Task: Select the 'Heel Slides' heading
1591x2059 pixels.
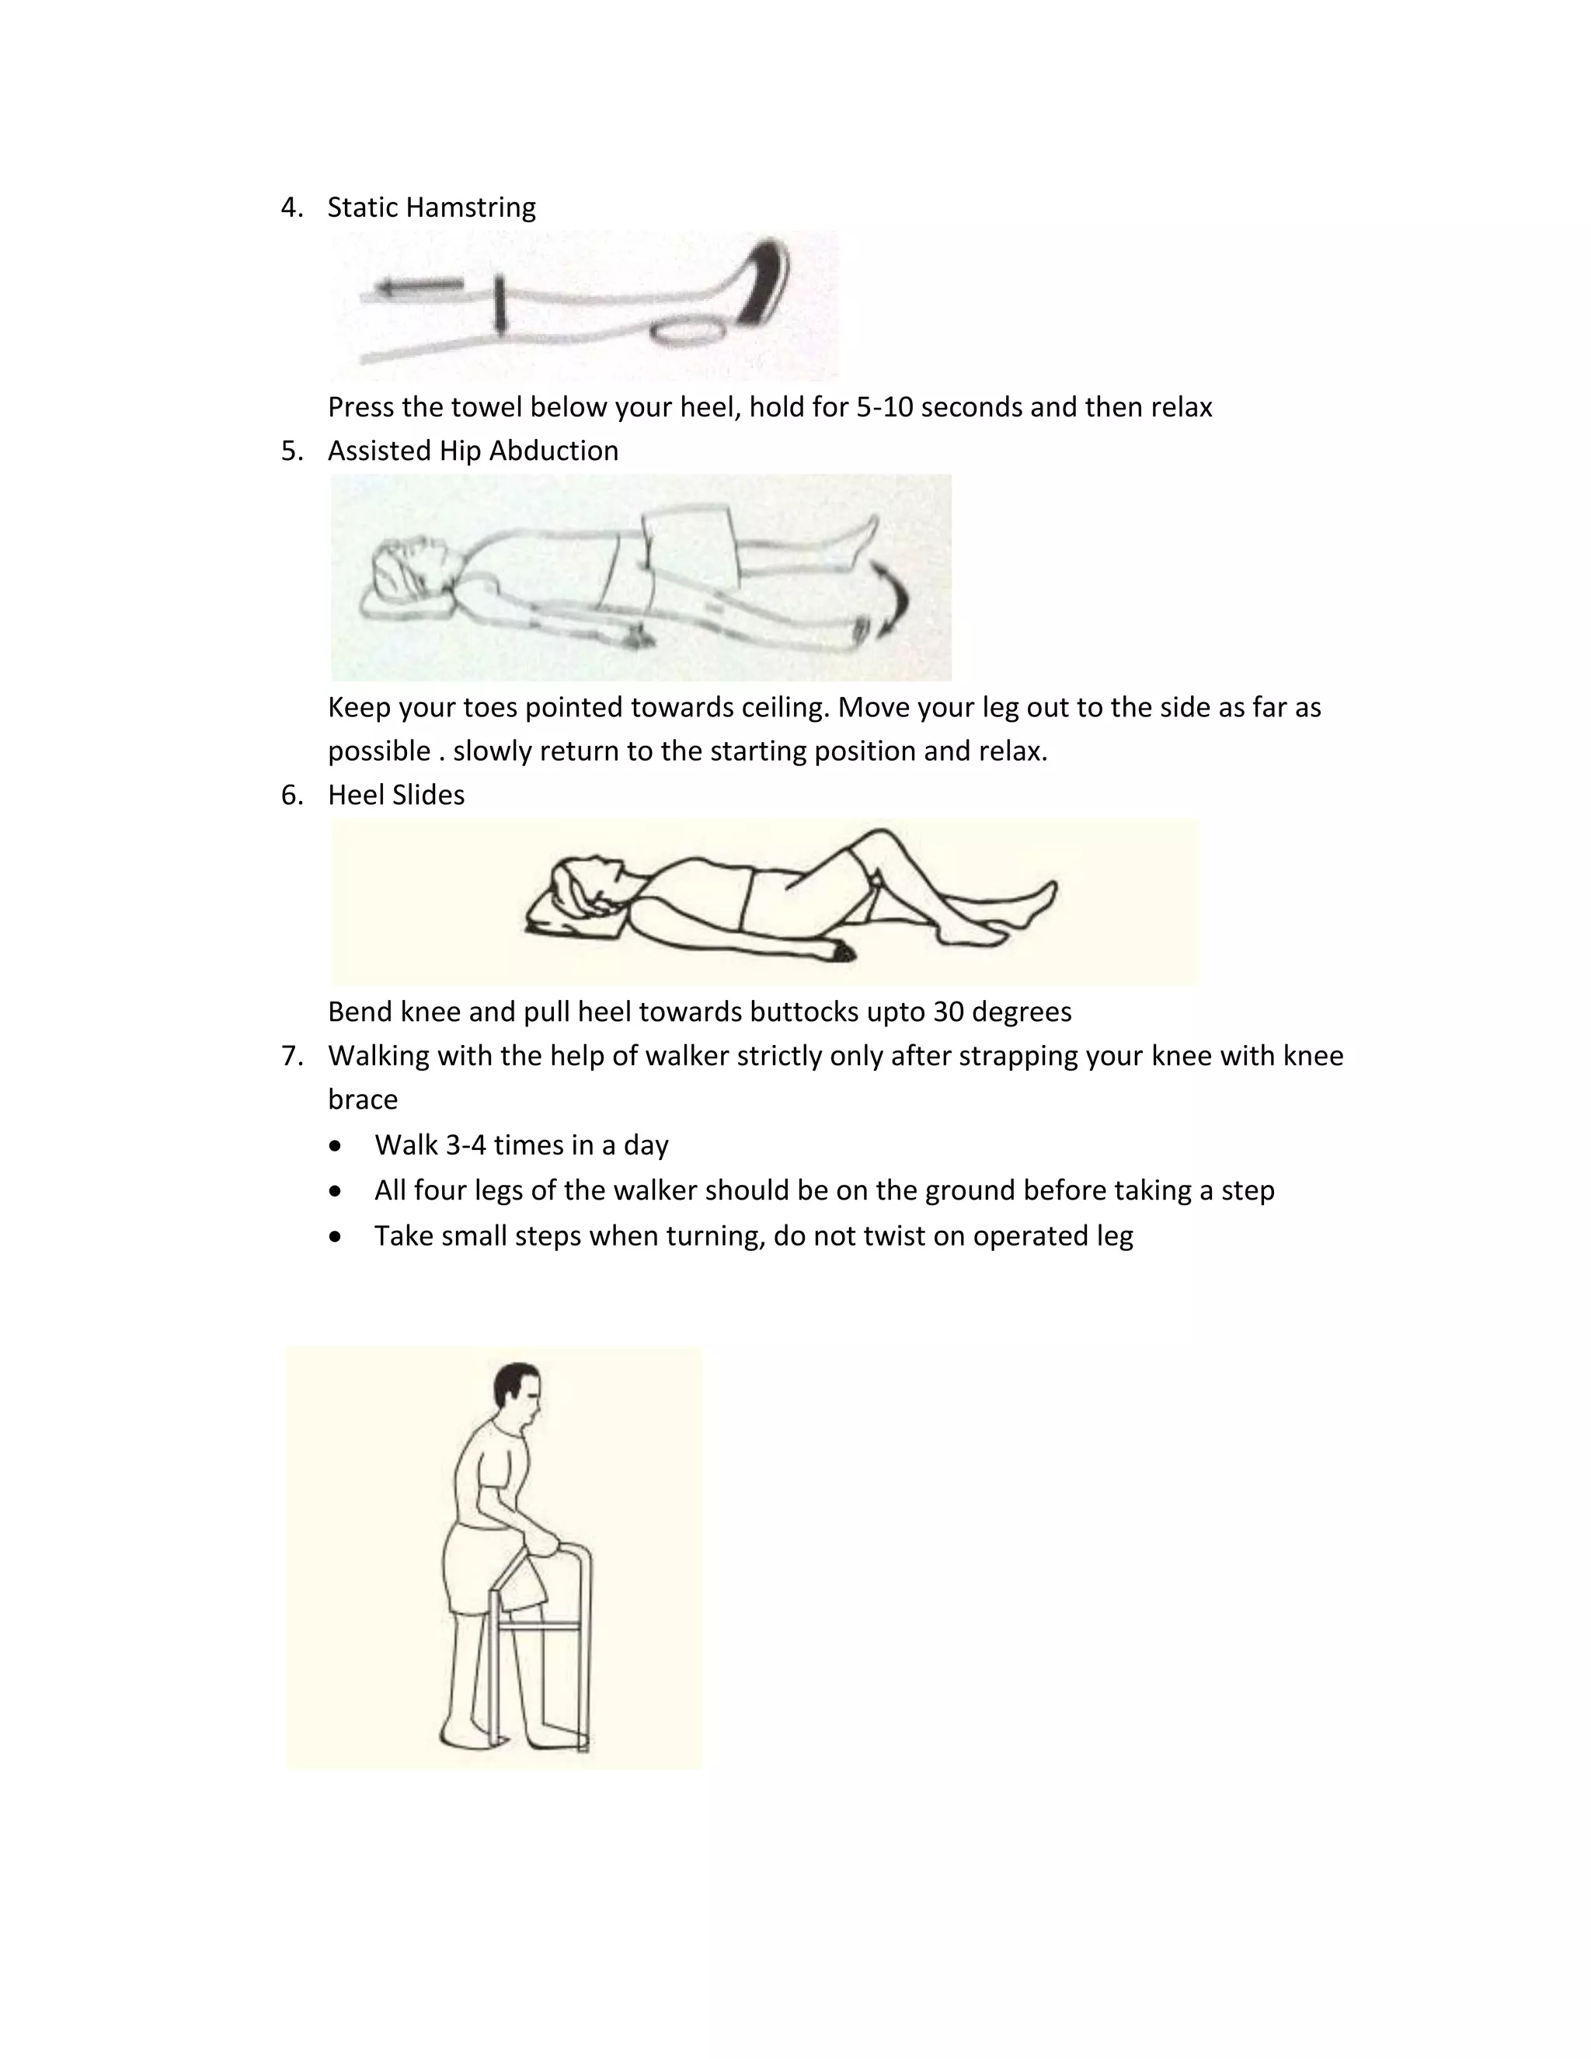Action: click(396, 795)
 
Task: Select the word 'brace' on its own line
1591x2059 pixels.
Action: click(363, 1099)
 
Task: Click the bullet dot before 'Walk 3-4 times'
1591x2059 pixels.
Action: click(336, 1145)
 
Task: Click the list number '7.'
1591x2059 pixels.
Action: click(292, 1056)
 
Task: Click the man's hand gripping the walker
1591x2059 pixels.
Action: click(544, 1543)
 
